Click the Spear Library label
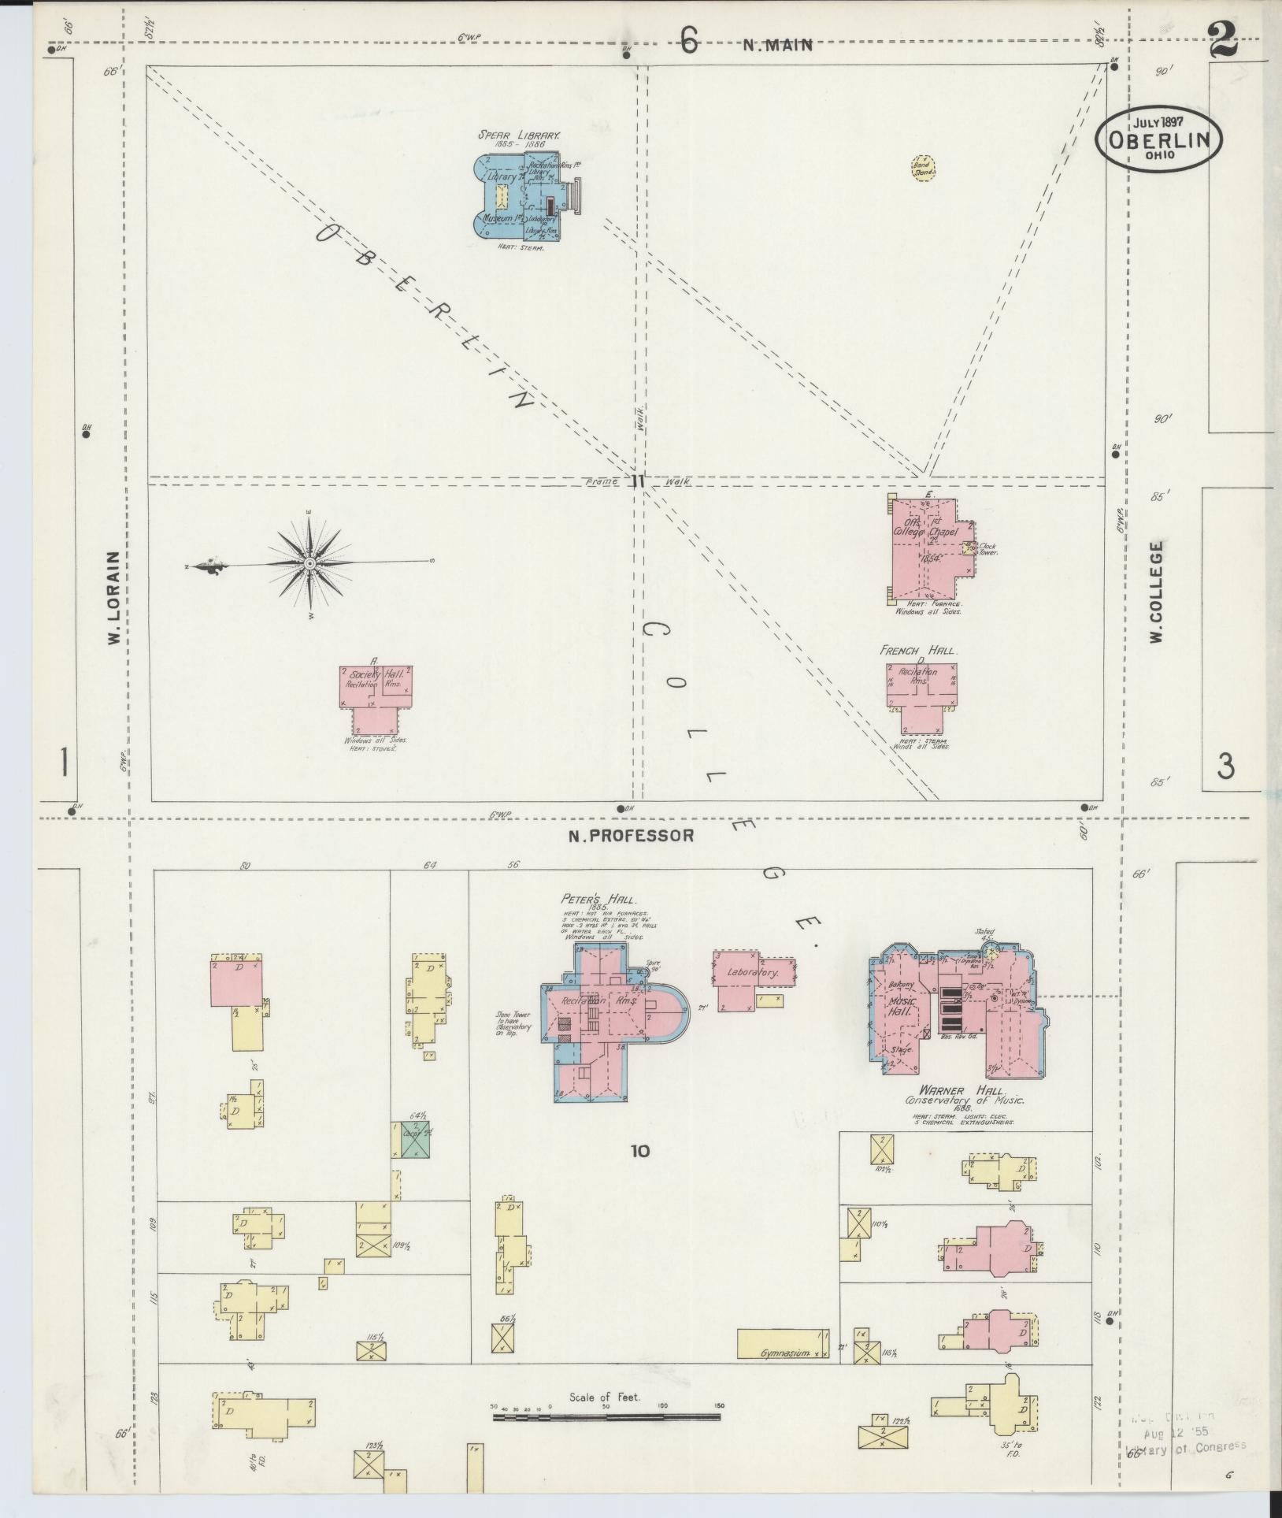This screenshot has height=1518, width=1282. pyautogui.click(x=519, y=135)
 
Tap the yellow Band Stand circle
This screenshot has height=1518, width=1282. pyautogui.click(x=923, y=168)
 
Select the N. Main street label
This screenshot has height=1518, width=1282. pyautogui.click(x=777, y=46)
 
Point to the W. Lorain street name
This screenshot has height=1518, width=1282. pyautogui.click(x=115, y=597)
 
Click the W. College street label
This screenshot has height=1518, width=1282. pyautogui.click(x=1156, y=591)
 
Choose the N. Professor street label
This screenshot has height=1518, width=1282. pyautogui.click(x=632, y=836)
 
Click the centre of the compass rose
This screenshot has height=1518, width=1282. pyautogui.click(x=309, y=564)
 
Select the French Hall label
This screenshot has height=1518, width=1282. pyautogui.click(x=918, y=651)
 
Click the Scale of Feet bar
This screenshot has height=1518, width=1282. pyautogui.click(x=606, y=1417)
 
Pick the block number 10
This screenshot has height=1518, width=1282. pyautogui.click(x=639, y=1151)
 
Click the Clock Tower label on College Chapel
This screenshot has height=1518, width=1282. pyautogui.click(x=987, y=548)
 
